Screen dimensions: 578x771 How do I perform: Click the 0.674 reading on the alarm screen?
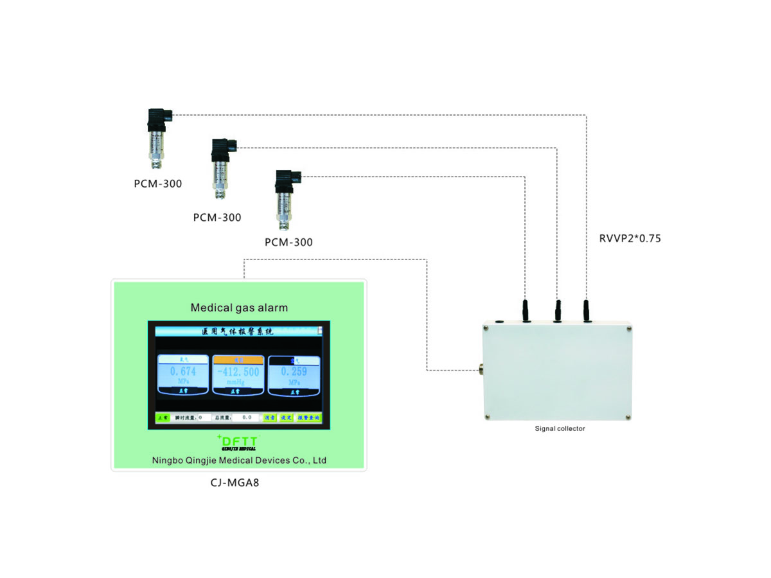(x=182, y=372)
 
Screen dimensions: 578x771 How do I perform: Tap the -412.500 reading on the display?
(x=238, y=372)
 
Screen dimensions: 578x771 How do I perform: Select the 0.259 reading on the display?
(x=294, y=372)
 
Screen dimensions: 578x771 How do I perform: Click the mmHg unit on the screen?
(x=238, y=381)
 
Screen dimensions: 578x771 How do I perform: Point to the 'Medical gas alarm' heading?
(x=239, y=308)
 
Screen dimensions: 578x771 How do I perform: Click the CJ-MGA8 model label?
(x=238, y=482)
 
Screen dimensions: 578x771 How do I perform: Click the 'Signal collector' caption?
(x=560, y=428)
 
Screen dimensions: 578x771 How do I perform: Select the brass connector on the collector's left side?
(x=479, y=370)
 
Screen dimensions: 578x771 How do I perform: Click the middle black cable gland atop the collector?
(x=557, y=311)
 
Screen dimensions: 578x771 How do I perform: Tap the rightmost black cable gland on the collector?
(x=586, y=311)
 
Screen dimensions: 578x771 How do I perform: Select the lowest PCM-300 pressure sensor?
(x=283, y=199)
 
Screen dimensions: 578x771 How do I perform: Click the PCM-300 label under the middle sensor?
(x=217, y=218)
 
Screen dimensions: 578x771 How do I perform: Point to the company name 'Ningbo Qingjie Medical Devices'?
(x=239, y=460)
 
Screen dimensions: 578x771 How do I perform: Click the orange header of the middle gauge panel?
(x=238, y=360)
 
